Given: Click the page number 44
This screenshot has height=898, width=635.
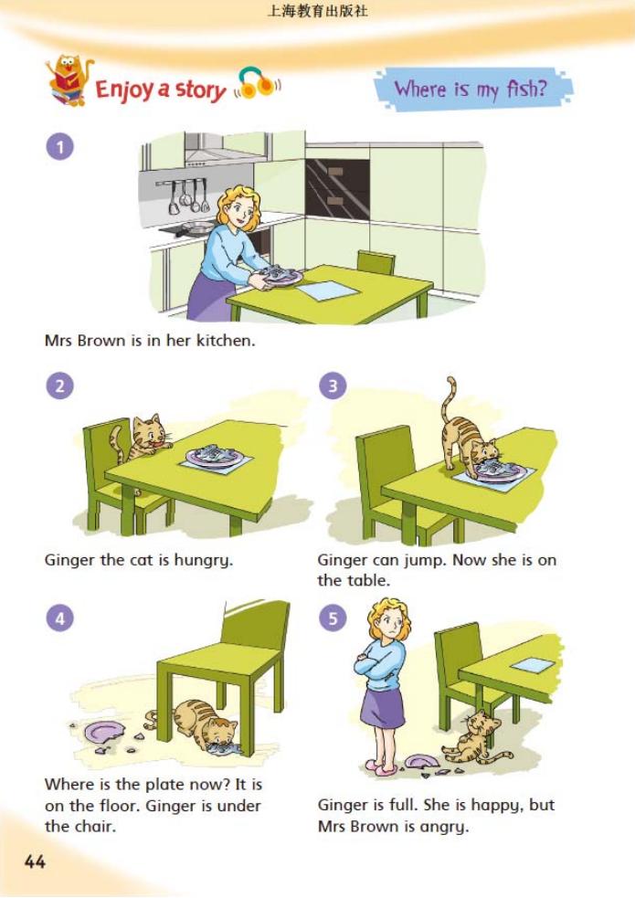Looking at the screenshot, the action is pos(35,861).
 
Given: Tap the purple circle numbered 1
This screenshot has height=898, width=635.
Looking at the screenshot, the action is pos(60,146).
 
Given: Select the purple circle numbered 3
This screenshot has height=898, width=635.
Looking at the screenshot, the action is pos(333,386).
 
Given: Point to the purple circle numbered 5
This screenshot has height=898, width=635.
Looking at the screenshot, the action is pos(333,618).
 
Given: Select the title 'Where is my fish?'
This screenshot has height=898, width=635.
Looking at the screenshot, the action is pos(471,89).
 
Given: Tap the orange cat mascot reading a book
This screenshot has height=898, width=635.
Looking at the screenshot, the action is pos(69,80).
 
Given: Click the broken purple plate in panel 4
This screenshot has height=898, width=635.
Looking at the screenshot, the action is pos(105,733).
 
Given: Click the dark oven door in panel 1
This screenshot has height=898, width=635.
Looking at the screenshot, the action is pos(337,188).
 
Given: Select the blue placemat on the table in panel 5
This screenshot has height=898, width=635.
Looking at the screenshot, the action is pos(533,665).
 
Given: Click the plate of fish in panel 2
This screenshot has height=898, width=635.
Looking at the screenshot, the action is pos(215,456).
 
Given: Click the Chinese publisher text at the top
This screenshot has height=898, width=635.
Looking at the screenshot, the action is pos(317,11).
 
